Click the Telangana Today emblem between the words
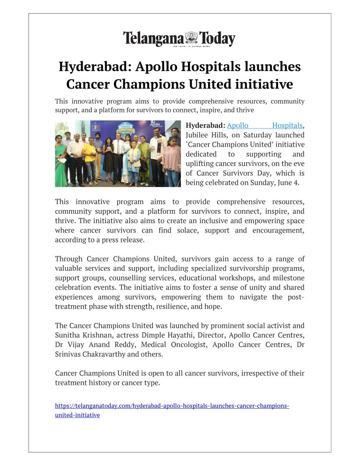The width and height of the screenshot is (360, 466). point(192,38)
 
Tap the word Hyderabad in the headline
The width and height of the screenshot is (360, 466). point(93,67)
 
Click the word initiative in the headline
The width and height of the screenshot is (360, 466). point(262,84)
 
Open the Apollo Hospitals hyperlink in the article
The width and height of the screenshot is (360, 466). point(265,126)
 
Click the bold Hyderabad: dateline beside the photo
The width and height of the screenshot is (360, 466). point(205,126)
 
